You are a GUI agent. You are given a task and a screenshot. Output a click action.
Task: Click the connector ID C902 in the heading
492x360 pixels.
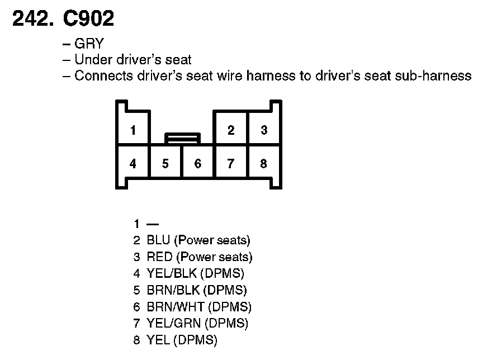89,19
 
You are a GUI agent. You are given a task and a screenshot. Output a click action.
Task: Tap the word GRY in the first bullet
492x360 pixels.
89,44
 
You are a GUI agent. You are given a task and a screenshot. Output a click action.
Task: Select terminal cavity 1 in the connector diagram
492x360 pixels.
133,131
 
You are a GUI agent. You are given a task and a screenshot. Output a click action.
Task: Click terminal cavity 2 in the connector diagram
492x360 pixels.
231,131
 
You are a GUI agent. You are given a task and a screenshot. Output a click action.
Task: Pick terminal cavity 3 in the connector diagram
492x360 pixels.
264,131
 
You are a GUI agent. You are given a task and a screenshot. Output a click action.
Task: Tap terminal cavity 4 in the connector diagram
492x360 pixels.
133,164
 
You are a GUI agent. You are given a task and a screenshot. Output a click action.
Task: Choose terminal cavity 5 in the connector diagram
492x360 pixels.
165,164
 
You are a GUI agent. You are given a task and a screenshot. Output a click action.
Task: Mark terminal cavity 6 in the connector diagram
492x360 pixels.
198,164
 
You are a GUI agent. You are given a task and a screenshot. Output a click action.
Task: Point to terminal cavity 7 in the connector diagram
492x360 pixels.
231,164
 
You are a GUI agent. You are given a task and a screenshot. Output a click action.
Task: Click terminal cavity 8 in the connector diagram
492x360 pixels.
264,164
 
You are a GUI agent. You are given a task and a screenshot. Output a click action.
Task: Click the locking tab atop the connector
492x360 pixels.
182,137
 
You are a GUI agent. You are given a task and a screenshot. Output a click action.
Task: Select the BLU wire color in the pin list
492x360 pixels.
159,241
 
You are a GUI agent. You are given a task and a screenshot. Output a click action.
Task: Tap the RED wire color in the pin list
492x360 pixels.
159,258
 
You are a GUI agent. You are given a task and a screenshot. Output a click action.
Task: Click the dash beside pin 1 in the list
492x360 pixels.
152,224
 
